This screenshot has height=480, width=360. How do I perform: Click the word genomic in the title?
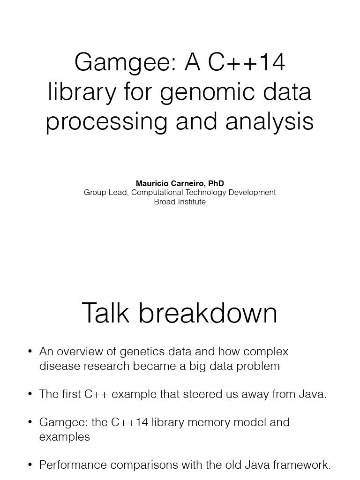207,93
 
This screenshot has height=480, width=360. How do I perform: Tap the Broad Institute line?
180,202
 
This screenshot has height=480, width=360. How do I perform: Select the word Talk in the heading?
106,313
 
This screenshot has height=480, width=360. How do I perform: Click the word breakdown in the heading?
208,313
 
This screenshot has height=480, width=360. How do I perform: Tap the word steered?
202,394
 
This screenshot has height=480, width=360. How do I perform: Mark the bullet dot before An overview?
30,352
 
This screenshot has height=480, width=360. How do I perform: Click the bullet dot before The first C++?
30,394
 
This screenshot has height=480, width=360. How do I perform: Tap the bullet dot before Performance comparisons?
30,465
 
